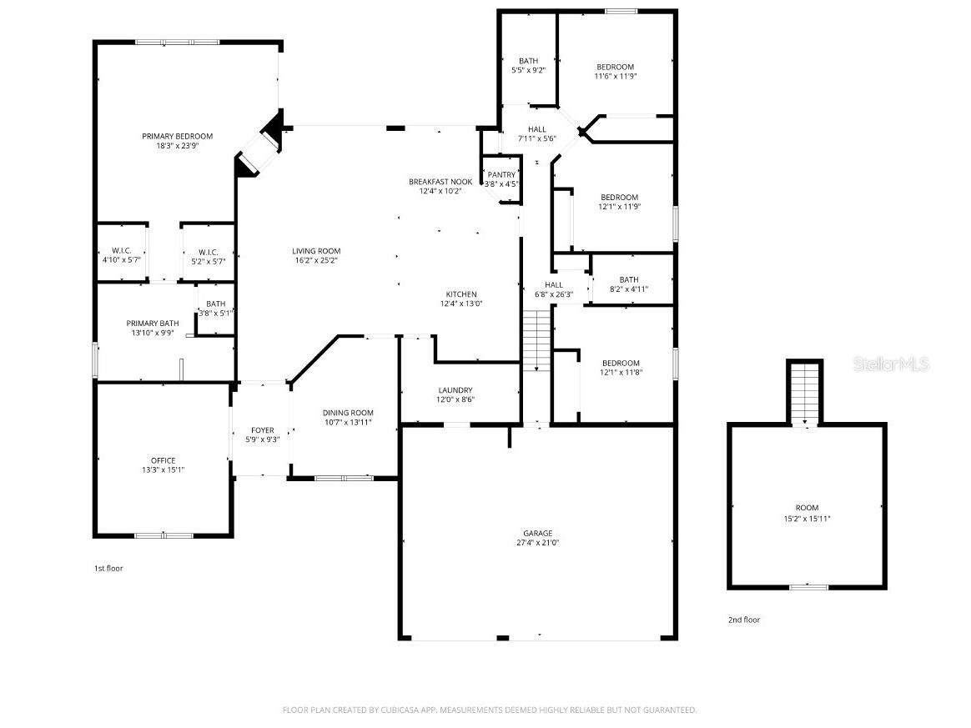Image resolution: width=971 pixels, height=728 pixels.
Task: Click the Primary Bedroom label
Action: tap(177, 136)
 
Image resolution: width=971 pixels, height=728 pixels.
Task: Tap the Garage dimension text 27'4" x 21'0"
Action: tap(537, 543)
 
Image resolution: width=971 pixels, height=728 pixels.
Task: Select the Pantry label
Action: tap(501, 174)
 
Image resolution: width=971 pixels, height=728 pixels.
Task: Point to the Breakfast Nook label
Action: tap(440, 182)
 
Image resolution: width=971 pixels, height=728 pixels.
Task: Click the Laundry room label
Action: tap(455, 390)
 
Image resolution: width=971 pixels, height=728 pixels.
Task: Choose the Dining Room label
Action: tap(348, 413)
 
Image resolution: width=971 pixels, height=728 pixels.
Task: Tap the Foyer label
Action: tap(263, 430)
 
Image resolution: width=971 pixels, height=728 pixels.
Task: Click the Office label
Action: tap(164, 460)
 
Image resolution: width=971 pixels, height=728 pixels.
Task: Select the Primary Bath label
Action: tap(153, 324)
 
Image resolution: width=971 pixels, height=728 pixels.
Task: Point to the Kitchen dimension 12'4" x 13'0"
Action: tap(461, 304)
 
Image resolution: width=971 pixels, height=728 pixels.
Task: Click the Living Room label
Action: tap(316, 251)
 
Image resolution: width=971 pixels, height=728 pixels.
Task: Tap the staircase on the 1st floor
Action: tap(537, 340)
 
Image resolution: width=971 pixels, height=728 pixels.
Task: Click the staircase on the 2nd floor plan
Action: tap(805, 393)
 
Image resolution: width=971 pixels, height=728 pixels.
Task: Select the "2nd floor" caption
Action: tap(744, 620)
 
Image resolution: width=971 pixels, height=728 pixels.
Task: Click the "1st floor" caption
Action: tap(108, 568)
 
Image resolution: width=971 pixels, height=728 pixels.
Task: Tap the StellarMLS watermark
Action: tap(892, 364)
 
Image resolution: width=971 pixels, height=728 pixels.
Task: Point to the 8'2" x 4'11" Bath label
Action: tap(629, 284)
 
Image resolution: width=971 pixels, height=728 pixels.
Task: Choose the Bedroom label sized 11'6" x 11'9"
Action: tap(616, 72)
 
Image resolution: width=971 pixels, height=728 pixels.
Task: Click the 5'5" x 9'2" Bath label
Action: tap(529, 66)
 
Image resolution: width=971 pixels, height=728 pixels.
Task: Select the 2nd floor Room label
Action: tap(807, 508)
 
